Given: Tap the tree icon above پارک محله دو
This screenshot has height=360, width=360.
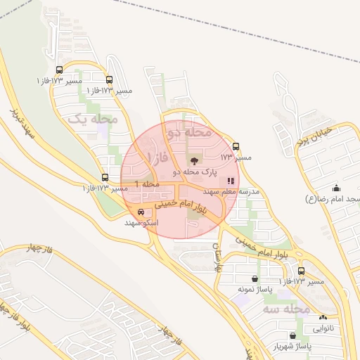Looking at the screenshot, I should [x=194, y=161].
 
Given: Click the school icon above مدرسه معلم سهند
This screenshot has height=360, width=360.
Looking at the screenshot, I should [x=231, y=181].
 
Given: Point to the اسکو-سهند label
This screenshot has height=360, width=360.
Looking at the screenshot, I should [x=142, y=222].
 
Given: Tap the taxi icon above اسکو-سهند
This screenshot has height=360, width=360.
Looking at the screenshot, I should [x=142, y=212].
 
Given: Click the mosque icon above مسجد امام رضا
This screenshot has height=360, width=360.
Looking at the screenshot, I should [x=335, y=188].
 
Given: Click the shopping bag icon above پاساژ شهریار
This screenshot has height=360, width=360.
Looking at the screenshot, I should [x=292, y=335].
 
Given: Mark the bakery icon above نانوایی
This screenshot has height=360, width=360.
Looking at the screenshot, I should [x=323, y=317].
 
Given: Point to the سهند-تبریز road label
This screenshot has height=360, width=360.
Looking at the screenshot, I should [x=22, y=124].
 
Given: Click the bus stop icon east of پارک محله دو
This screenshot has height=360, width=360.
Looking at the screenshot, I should [x=236, y=147].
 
